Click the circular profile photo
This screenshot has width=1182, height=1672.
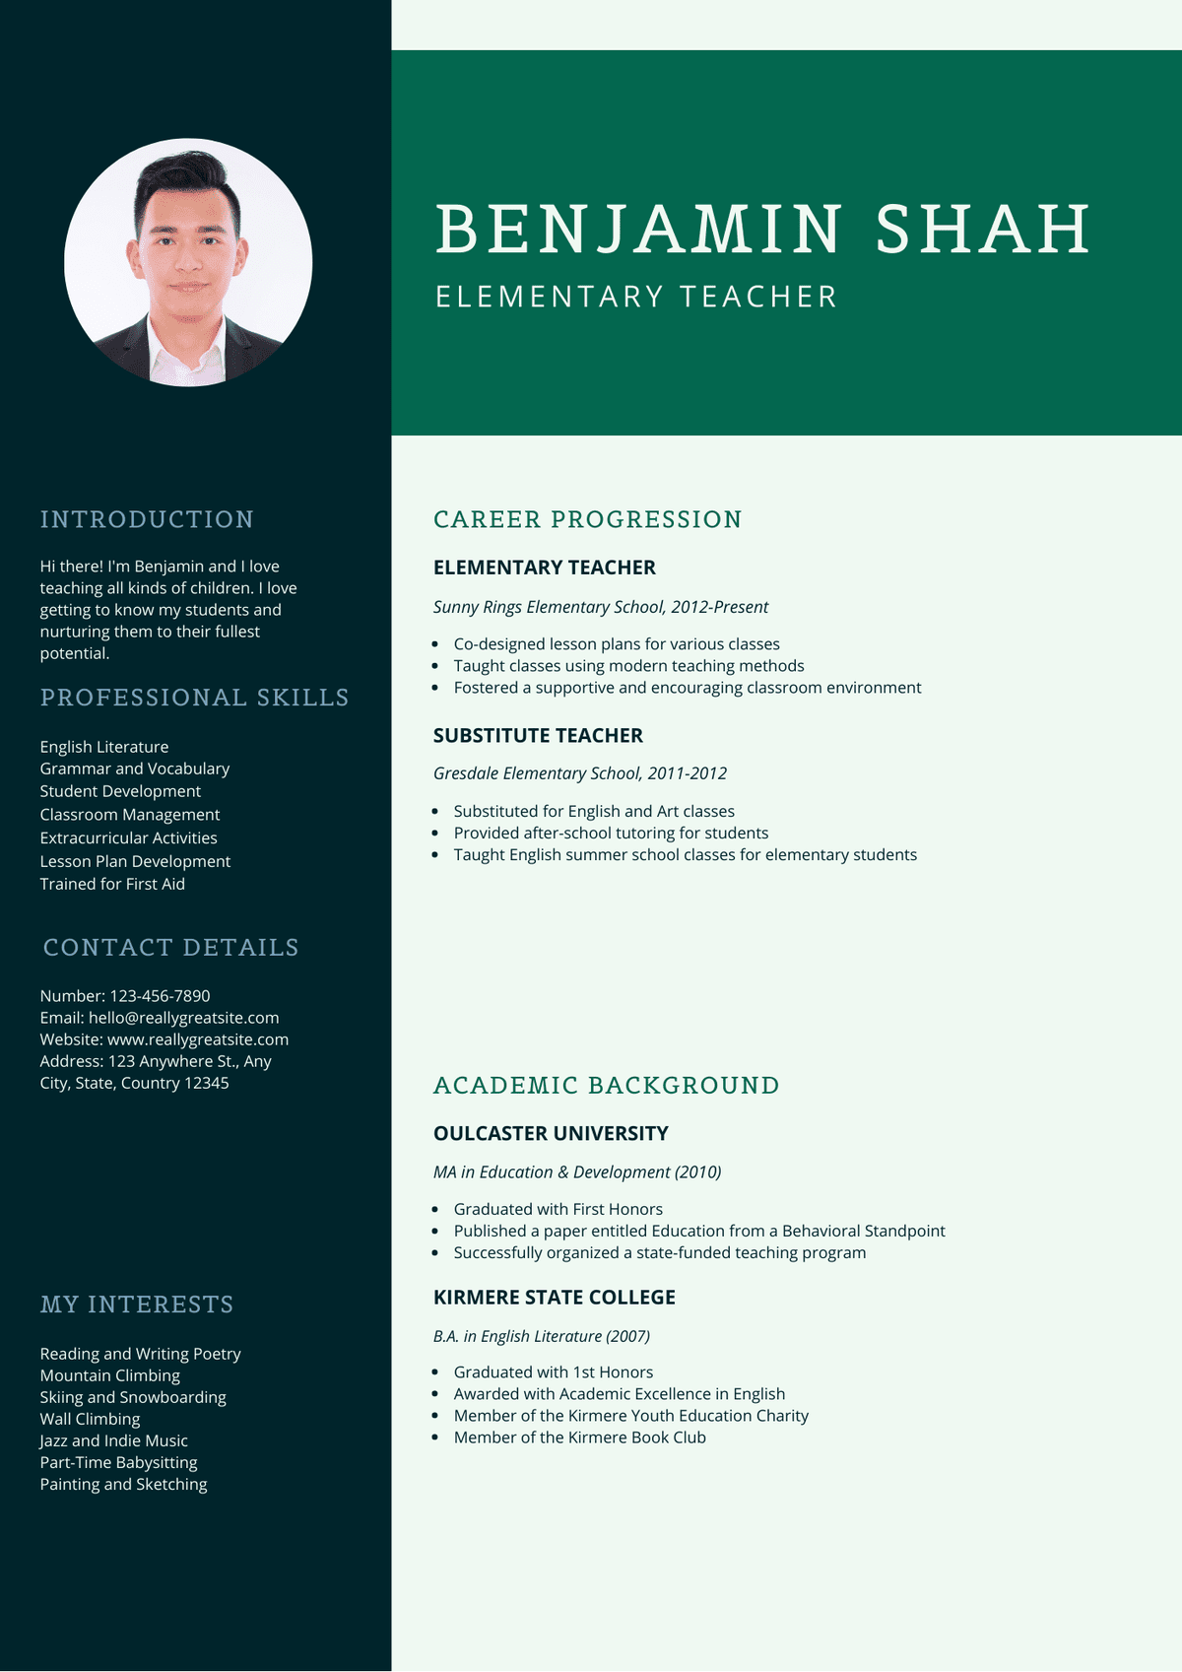click(x=188, y=262)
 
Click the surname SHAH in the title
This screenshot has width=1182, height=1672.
click(x=982, y=229)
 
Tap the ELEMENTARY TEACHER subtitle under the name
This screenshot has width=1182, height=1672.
click(x=636, y=297)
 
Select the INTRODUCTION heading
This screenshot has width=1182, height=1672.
click(x=147, y=519)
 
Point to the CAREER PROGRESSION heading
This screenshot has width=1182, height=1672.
click(x=587, y=519)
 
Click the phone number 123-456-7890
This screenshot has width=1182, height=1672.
click(x=160, y=996)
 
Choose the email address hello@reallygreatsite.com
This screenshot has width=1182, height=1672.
click(x=183, y=1018)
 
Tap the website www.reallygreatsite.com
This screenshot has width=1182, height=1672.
click(x=198, y=1039)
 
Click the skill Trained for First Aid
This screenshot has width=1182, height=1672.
click(x=112, y=884)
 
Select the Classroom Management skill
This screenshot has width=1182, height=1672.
click(x=130, y=815)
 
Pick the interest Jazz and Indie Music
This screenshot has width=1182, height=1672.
click(x=113, y=1440)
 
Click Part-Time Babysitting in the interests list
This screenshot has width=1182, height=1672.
click(x=118, y=1462)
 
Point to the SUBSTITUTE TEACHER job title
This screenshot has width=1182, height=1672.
click(x=538, y=736)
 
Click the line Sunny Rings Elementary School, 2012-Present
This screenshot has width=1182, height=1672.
click(x=601, y=607)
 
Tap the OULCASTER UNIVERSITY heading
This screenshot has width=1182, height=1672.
click(x=551, y=1134)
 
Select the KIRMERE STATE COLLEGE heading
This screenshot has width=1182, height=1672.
click(x=555, y=1298)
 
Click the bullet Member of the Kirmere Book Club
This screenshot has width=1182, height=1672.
click(x=579, y=1438)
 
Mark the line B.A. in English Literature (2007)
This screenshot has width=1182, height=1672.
click(x=542, y=1336)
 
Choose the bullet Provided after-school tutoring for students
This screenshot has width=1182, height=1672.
click(x=611, y=833)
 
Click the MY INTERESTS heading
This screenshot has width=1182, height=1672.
click(x=137, y=1304)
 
